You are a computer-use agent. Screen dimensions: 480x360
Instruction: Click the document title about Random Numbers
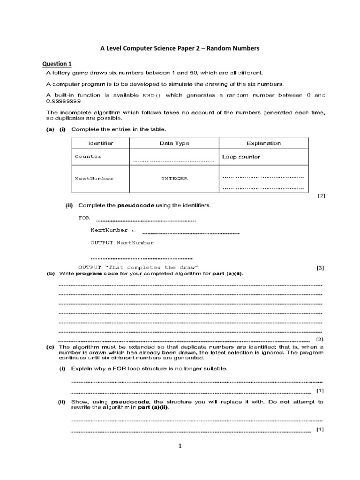(x=180, y=48)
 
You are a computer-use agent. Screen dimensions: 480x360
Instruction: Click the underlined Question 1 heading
(x=57, y=63)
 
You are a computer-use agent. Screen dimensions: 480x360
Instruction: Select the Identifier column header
(x=101, y=143)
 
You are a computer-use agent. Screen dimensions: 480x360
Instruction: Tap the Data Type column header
(x=174, y=143)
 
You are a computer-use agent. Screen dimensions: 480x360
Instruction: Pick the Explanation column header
(x=263, y=143)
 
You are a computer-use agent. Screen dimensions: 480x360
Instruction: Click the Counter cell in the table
(x=88, y=157)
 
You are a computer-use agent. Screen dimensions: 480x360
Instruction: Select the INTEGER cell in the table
(x=174, y=178)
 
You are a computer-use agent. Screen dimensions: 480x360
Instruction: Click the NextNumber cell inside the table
(x=94, y=178)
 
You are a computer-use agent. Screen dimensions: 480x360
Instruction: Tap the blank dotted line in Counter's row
(x=174, y=160)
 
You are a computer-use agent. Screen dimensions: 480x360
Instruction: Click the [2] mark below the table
(x=321, y=196)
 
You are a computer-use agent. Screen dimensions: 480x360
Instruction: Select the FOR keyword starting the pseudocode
(x=83, y=218)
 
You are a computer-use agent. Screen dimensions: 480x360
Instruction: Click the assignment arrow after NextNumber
(x=133, y=231)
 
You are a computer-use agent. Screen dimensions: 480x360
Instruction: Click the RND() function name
(x=151, y=95)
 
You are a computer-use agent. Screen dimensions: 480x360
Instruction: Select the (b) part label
(x=50, y=274)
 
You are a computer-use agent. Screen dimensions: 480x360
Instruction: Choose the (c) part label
(x=50, y=347)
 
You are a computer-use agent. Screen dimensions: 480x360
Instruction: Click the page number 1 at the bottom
(x=180, y=446)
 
